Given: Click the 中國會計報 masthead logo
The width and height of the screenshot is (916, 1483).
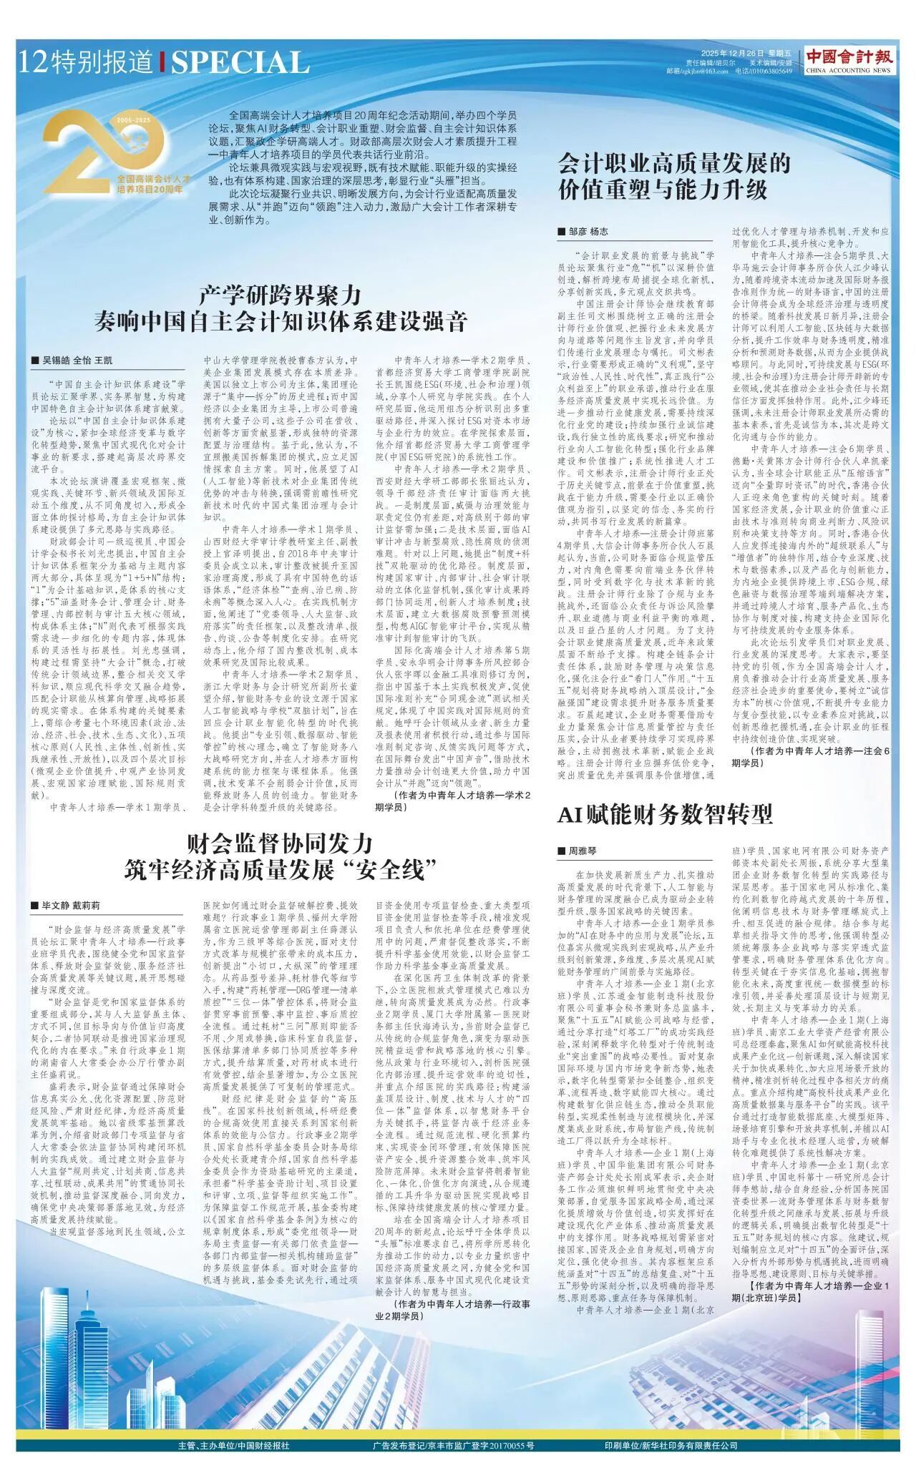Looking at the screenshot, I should (x=849, y=56).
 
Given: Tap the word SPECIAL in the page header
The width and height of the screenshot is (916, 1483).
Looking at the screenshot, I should (x=240, y=64).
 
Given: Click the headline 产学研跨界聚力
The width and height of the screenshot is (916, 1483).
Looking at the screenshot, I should (x=281, y=295).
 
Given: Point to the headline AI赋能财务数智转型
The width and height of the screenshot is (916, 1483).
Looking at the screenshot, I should (x=666, y=814).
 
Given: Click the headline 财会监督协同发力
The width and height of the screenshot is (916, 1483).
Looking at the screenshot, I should (x=281, y=842).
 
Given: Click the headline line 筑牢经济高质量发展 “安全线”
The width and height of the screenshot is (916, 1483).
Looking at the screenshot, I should (x=281, y=870).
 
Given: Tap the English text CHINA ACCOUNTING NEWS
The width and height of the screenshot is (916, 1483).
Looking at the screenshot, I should (x=849, y=71).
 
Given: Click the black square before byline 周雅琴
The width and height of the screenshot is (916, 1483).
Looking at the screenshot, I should (x=562, y=851).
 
